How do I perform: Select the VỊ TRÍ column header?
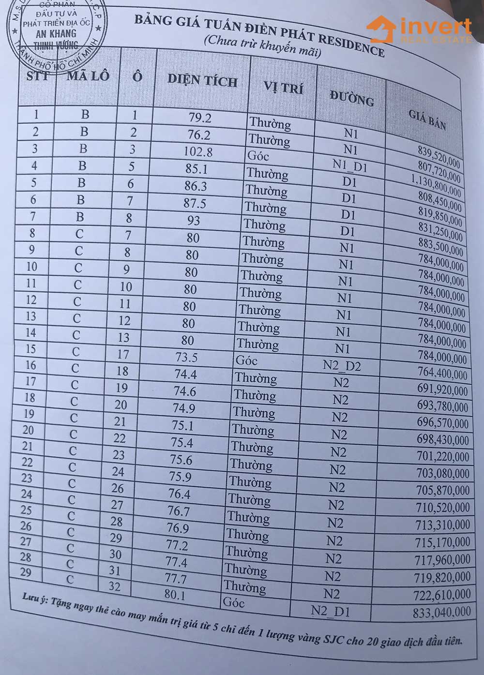(x=283, y=88)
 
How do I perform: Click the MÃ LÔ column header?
(x=88, y=75)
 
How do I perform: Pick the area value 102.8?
(x=197, y=151)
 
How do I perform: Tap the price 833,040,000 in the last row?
(x=441, y=612)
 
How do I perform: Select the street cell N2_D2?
(x=342, y=366)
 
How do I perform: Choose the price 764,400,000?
(x=442, y=374)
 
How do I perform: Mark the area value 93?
(x=193, y=220)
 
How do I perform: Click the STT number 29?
(x=26, y=572)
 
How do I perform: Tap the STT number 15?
(x=30, y=349)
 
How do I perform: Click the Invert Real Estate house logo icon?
(x=380, y=30)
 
